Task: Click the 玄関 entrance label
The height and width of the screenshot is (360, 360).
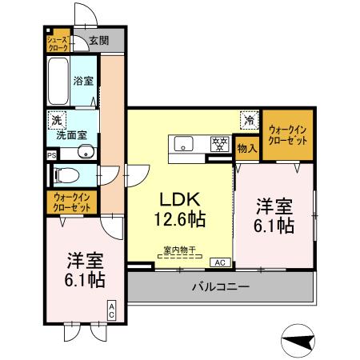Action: click(x=98, y=41)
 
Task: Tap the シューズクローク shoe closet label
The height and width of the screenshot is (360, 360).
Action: click(x=57, y=42)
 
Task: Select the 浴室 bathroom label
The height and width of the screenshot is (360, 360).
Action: click(x=83, y=80)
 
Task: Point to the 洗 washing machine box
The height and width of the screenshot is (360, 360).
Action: click(x=55, y=119)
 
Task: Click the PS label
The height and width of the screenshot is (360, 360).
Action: click(x=51, y=154)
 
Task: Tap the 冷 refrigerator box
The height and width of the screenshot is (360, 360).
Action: click(x=249, y=121)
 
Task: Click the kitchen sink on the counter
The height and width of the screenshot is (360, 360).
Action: click(x=182, y=145)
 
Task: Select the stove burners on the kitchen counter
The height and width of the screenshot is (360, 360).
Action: click(x=218, y=145)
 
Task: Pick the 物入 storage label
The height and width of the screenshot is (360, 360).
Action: click(x=247, y=148)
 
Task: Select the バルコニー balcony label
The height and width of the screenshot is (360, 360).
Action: click(x=219, y=286)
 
